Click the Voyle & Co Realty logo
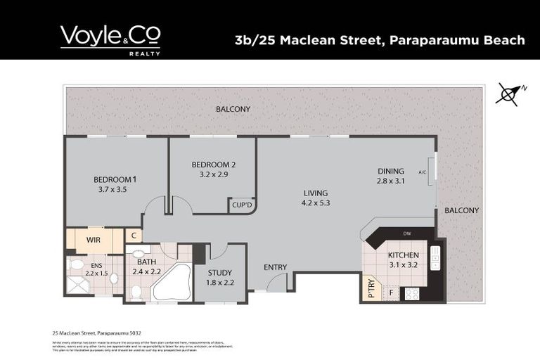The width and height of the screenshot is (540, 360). click(x=110, y=39)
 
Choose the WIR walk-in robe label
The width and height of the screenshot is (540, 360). click(x=94, y=240)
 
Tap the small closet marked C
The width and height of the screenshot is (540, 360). click(x=134, y=236)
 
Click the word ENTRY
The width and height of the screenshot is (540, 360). click(x=275, y=266)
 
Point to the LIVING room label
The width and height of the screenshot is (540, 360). click(x=316, y=193)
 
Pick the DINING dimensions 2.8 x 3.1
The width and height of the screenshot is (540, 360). click(x=391, y=181)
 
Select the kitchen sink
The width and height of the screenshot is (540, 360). click(x=435, y=257)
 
